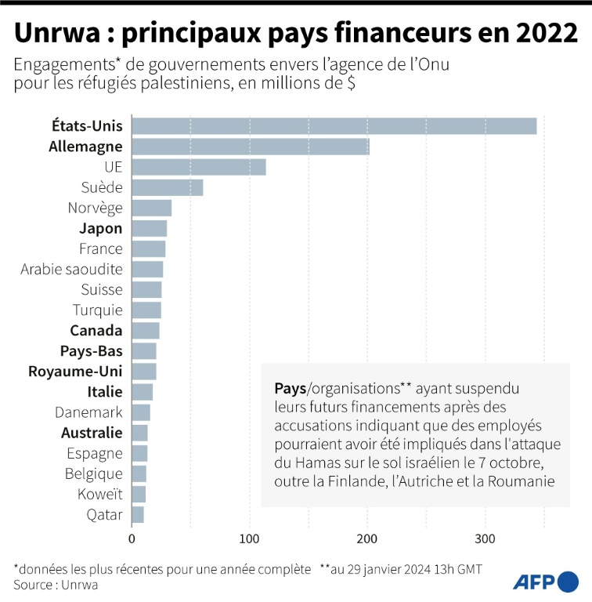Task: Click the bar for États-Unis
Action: click(334, 126)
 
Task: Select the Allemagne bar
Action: click(250, 147)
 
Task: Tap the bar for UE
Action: click(198, 167)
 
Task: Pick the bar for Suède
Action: click(167, 187)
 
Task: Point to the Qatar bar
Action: click(137, 514)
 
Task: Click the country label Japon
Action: click(101, 228)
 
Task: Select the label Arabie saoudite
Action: click(71, 269)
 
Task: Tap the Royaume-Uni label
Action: click(75, 372)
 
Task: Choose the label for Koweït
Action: click(100, 494)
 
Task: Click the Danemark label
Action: click(88, 412)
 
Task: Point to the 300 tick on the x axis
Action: click(486, 539)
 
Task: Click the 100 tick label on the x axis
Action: click(250, 539)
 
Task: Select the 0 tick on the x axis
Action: click(132, 539)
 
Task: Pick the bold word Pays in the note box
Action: click(290, 388)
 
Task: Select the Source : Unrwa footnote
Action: click(49, 584)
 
